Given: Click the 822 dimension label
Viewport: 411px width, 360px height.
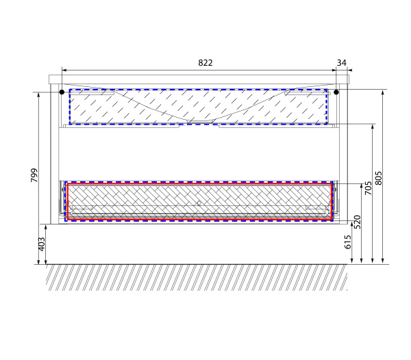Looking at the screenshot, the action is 206,63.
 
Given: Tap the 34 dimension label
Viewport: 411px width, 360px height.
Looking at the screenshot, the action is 341,63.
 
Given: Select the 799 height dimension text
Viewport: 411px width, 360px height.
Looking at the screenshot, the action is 34,175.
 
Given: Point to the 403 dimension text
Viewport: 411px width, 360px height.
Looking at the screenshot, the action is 42,244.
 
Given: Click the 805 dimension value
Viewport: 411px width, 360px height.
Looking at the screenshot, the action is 378,179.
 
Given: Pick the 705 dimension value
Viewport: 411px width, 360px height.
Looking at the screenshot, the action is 369,188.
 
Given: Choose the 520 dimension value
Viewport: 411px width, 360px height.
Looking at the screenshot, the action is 358,222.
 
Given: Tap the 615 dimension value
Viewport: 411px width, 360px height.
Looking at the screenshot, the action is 347,242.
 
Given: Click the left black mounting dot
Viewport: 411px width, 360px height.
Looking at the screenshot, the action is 62,92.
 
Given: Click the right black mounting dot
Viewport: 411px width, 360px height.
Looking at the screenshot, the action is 336,92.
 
